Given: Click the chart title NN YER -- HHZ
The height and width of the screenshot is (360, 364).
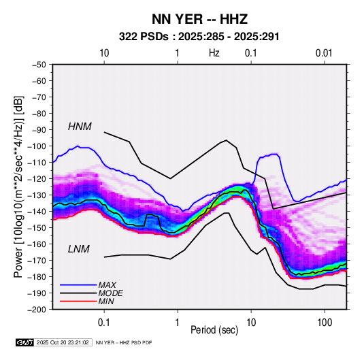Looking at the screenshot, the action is [x=199, y=19].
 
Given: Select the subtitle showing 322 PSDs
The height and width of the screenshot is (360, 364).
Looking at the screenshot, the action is [x=199, y=37].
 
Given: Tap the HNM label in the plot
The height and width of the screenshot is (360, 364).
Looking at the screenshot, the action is [x=80, y=127].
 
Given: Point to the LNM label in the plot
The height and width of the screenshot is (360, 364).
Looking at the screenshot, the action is [x=78, y=249].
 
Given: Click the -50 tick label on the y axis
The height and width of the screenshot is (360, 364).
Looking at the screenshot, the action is [x=39, y=65].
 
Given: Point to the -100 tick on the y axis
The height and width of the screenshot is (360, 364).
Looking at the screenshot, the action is [x=37, y=146].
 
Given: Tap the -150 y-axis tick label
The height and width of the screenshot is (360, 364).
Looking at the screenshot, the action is [x=37, y=227].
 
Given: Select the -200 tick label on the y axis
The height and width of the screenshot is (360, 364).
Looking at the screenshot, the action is [x=37, y=310].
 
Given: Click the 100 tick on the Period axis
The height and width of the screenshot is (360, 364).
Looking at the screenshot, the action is [x=325, y=323].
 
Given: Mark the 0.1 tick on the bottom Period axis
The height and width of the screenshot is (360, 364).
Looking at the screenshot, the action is [x=104, y=323].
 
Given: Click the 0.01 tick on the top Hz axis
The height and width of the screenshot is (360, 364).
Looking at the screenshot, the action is [x=324, y=53].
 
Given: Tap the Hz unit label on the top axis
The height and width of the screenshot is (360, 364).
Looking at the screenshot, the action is [x=214, y=53].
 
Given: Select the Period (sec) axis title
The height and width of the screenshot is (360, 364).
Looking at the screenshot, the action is [x=214, y=330].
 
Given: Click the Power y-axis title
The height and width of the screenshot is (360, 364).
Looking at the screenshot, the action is [x=18, y=186].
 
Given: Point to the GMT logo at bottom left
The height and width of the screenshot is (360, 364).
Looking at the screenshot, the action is [x=24, y=342].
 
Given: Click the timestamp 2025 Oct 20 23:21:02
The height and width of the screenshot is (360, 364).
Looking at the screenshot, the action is [x=63, y=342].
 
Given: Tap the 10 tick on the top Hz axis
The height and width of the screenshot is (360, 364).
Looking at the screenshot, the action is [x=104, y=53].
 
